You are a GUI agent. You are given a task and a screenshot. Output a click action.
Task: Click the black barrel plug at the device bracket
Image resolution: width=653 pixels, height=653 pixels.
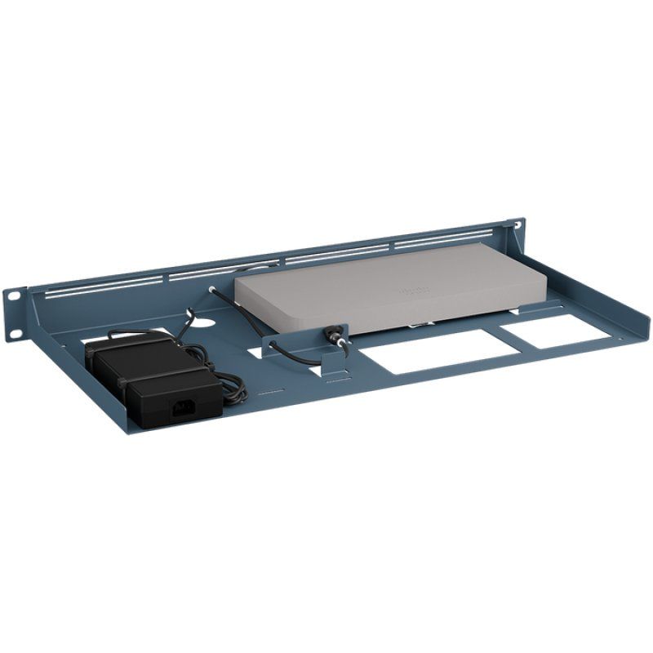pyautogui.click(x=334, y=334)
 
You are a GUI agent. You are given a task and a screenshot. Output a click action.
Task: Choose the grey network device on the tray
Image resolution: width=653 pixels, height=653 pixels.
pyautogui.click(x=392, y=286)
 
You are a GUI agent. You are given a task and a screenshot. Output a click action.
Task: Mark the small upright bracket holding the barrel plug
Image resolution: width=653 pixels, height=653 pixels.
pyautogui.click(x=331, y=359)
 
